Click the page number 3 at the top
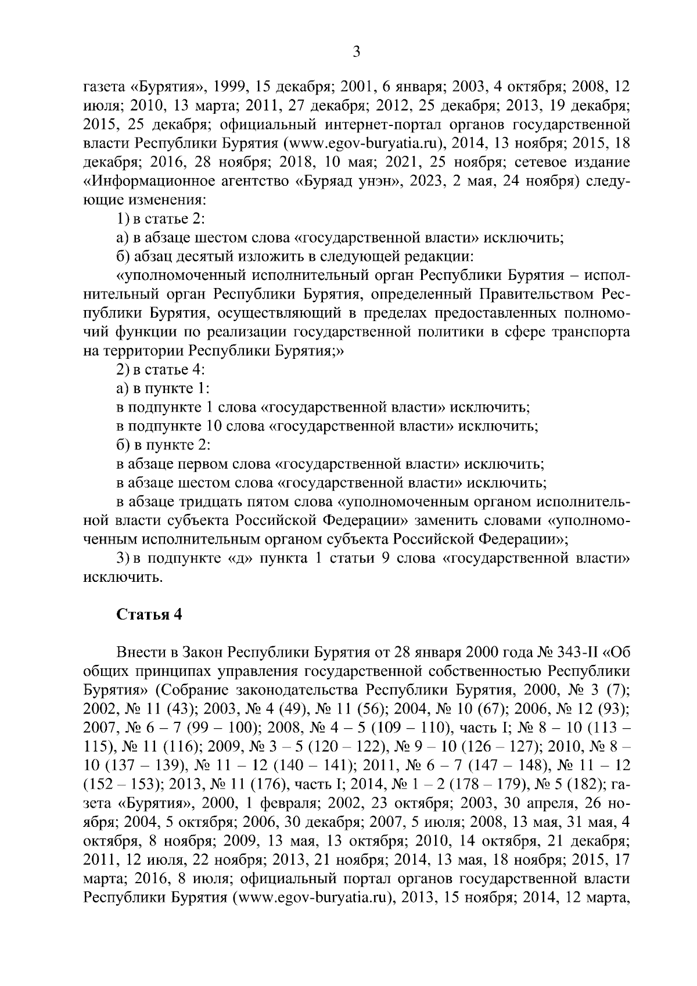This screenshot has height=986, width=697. (357, 52)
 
